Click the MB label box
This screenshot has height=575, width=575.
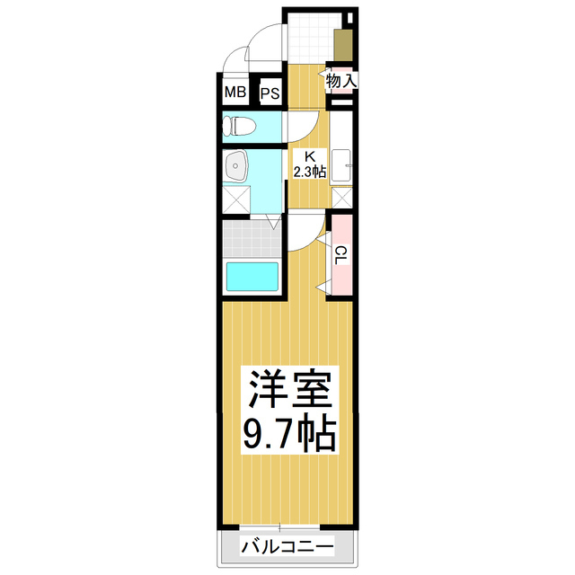tap(234, 93)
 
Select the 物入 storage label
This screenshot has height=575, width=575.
tap(341, 81)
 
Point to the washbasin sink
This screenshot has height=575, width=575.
tap(237, 165)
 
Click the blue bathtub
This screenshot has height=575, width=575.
tap(252, 276)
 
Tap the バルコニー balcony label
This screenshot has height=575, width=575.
tap(287, 546)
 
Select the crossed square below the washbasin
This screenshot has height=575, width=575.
tap(237, 199)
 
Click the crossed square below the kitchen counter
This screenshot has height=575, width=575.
tap(342, 198)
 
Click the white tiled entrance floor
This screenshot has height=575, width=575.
tap(310, 36)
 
